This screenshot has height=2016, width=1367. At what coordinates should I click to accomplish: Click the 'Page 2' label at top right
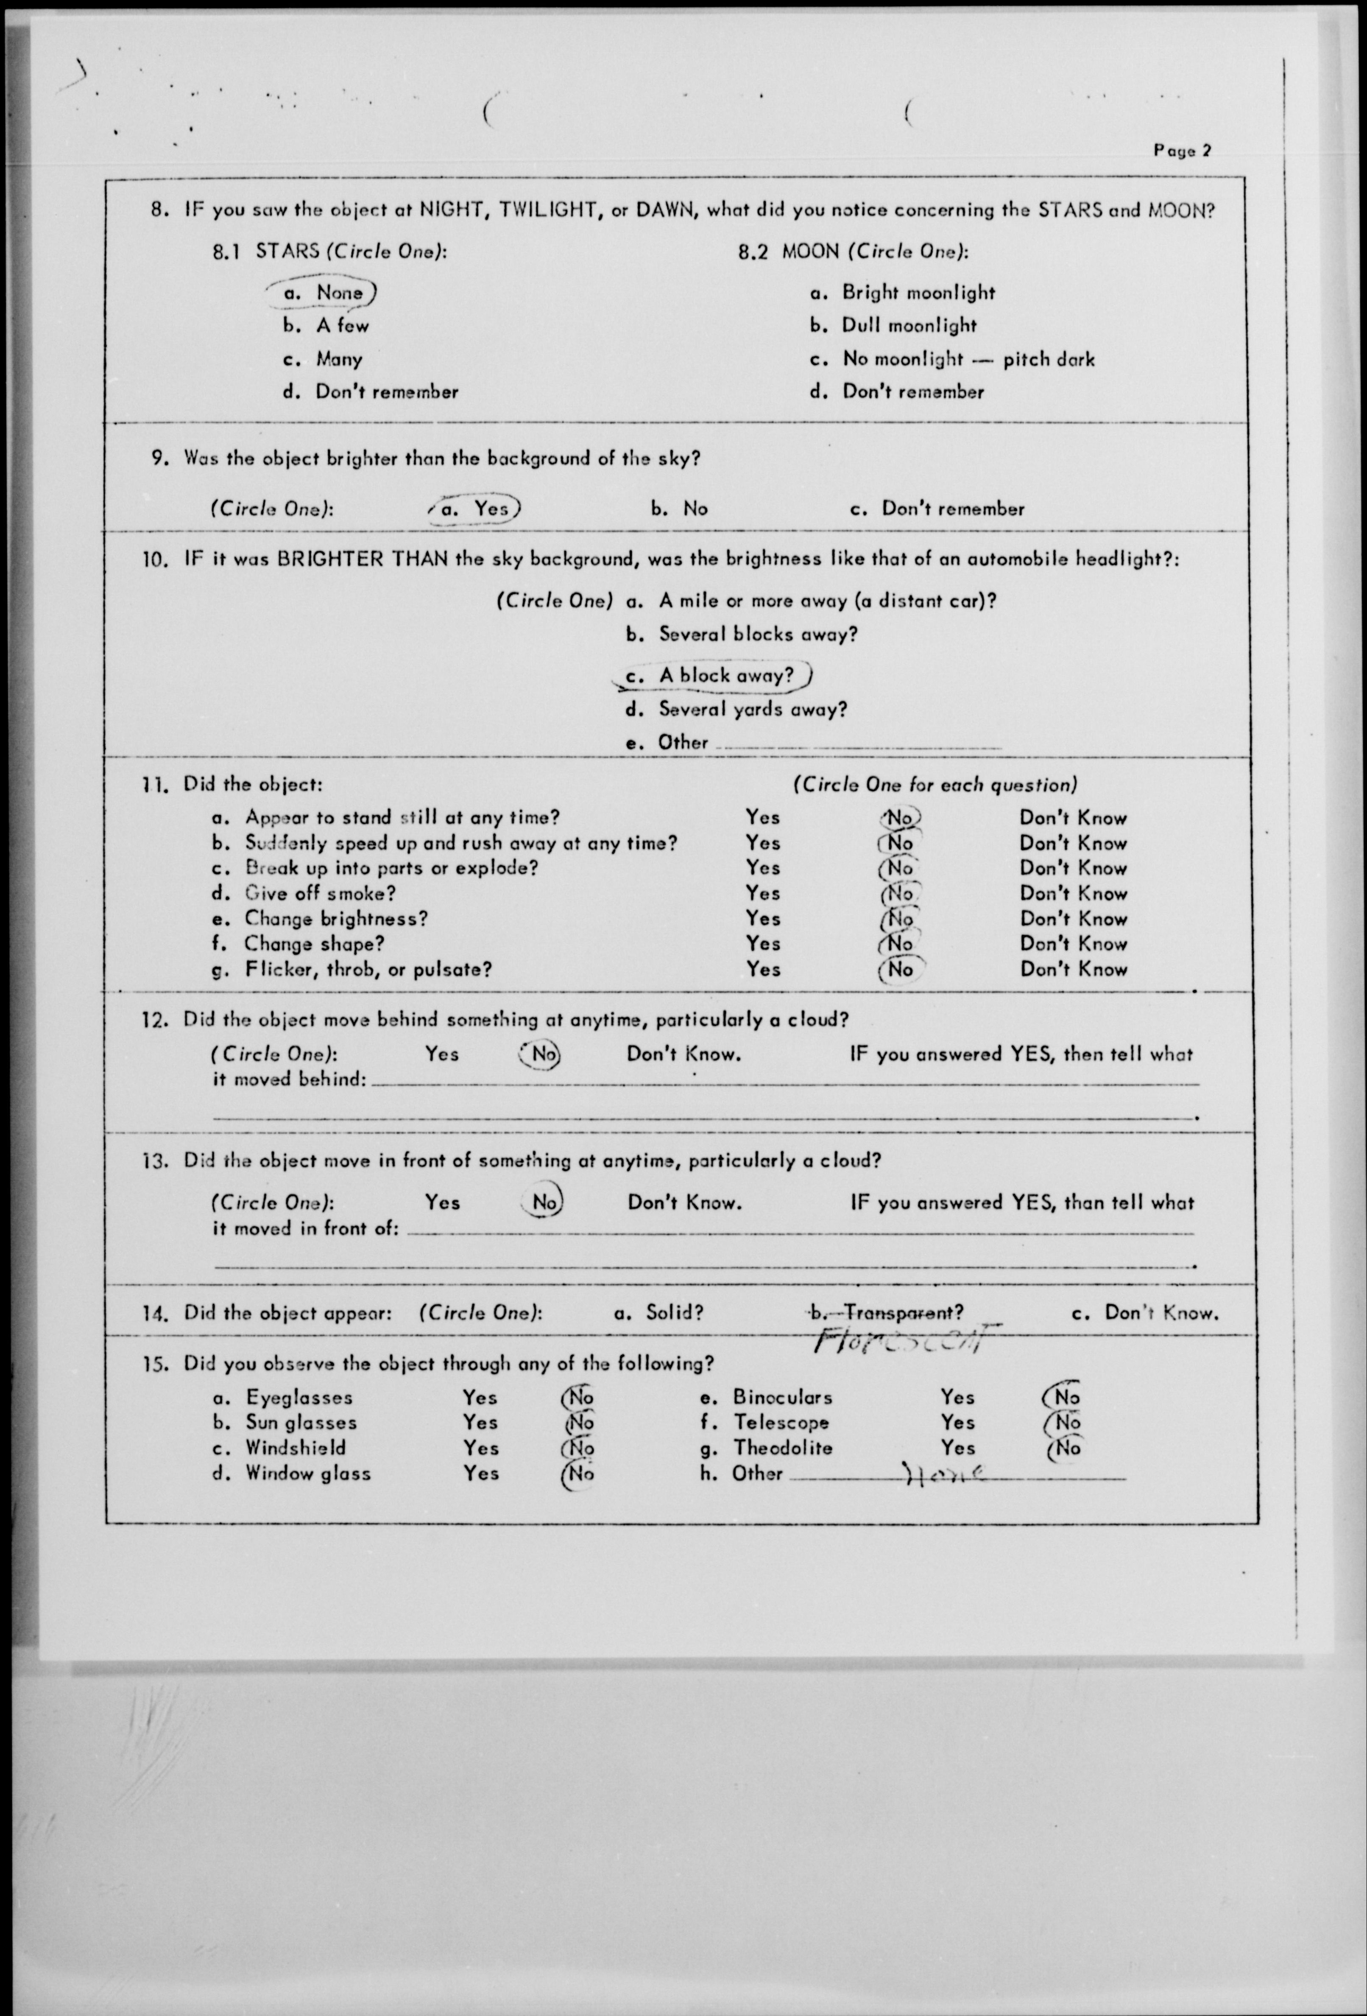(x=1181, y=150)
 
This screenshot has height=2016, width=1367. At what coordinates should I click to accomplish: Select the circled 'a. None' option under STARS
(x=323, y=293)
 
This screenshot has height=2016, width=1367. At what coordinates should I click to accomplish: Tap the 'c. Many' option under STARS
(x=323, y=358)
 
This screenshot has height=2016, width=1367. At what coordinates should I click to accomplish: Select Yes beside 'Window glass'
(x=480, y=1473)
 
